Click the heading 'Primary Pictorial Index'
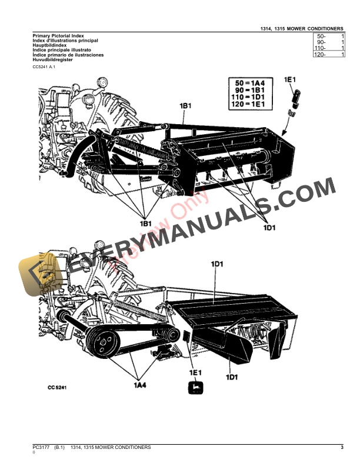click(52, 36)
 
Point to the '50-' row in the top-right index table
click(329, 36)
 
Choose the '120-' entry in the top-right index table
click(329, 54)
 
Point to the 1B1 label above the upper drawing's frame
click(186, 105)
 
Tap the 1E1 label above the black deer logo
click(195, 372)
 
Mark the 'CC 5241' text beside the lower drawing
click(59, 388)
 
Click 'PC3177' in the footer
click(41, 448)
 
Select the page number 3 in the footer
click(341, 448)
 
